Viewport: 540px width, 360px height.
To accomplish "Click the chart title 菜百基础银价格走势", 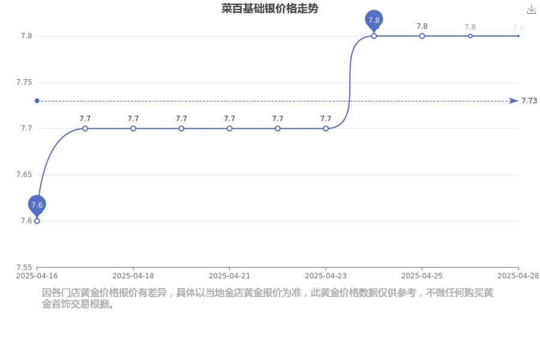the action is click(269, 8).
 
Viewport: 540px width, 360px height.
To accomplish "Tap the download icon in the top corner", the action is click(532, 10).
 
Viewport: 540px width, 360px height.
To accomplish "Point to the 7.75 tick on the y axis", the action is click(24, 82).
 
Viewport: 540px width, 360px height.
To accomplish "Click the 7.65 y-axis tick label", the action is click(24, 175).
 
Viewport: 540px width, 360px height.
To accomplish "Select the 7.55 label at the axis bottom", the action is click(24, 268).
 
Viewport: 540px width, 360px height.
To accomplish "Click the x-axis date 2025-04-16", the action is click(37, 276).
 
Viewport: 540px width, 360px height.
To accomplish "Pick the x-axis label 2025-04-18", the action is click(133, 276).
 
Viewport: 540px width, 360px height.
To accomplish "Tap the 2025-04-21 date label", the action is click(229, 276).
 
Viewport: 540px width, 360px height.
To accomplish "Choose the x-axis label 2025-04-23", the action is click(326, 276).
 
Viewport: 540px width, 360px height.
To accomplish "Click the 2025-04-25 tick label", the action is click(422, 276).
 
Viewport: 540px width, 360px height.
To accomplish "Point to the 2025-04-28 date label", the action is click(518, 276).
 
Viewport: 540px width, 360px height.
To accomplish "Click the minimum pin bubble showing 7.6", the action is click(37, 205).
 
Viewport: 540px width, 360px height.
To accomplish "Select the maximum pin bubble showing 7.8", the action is click(374, 20).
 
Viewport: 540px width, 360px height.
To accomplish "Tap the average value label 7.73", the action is click(529, 101).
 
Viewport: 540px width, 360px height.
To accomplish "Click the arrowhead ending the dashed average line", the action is click(514, 101).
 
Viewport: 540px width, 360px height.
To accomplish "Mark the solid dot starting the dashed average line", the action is click(37, 101).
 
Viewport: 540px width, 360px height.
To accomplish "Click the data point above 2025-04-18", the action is click(133, 128).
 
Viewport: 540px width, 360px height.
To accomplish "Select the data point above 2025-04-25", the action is click(422, 36).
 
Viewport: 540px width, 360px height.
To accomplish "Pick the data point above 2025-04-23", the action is click(326, 128).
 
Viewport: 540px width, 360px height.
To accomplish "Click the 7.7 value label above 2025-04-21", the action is click(229, 119).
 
